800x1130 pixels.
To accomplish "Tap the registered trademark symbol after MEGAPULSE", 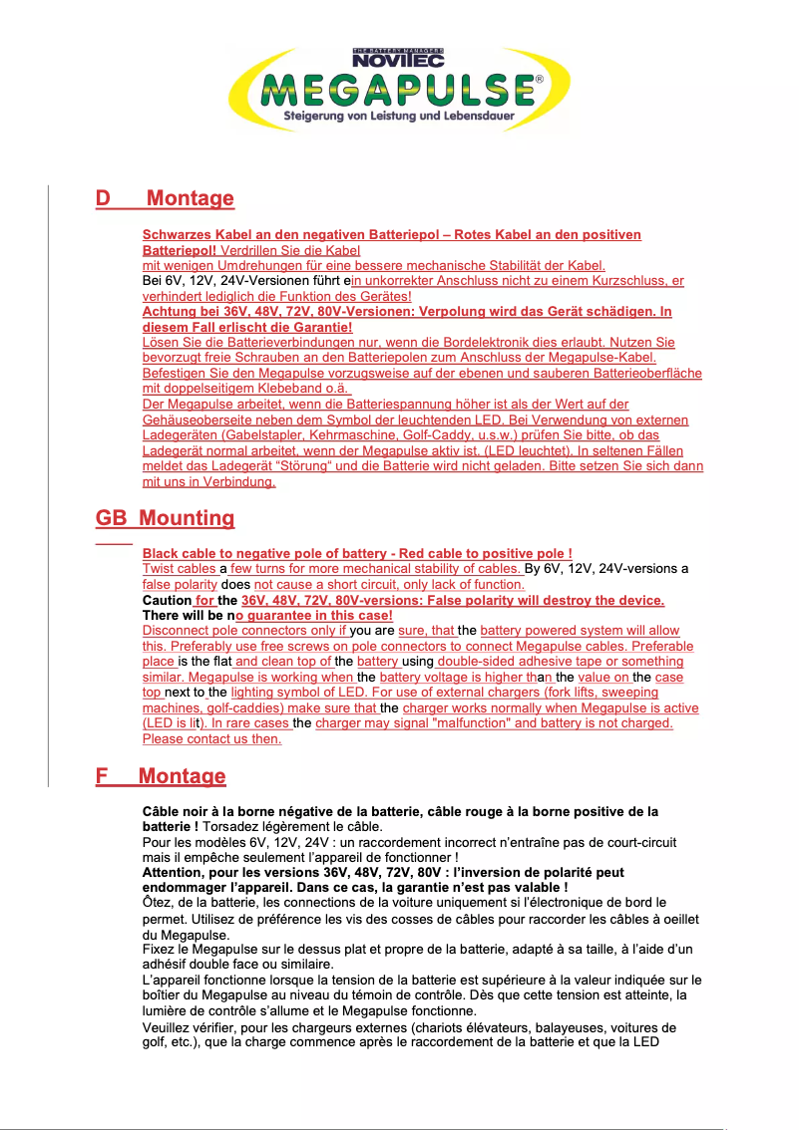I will pyautogui.click(x=540, y=78).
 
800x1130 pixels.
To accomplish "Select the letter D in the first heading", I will pyautogui.click(x=103, y=198).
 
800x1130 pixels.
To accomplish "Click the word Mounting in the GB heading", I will pyautogui.click(x=187, y=518).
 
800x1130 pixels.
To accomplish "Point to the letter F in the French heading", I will pyautogui.click(x=102, y=775).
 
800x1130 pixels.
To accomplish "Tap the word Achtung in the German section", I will pyautogui.click(x=171, y=312).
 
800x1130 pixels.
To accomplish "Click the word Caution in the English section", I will pyautogui.click(x=166, y=601).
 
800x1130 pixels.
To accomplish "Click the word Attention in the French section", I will pyautogui.click(x=178, y=872).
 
